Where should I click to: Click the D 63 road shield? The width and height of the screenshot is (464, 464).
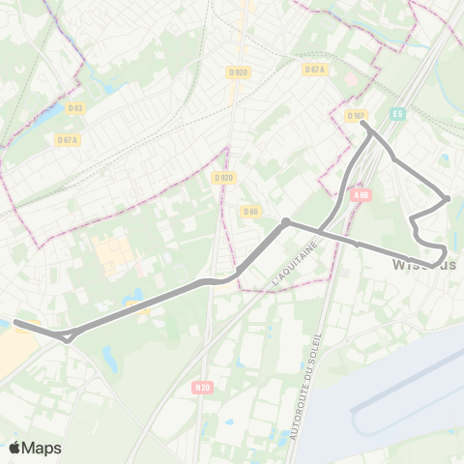pos(74,108)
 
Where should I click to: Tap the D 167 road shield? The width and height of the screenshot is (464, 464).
pos(356,115)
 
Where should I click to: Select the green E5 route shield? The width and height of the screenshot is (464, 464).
pos(396,114)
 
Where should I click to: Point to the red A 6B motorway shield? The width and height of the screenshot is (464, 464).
pos(362,194)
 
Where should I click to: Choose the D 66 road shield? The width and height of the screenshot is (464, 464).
pos(251,211)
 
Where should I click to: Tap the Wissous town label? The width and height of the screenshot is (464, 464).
pos(425,264)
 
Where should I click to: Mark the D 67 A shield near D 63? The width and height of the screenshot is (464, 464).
pos(67,139)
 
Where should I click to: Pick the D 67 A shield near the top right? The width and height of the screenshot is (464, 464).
pos(314,70)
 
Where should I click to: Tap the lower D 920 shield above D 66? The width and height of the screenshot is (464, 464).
pos(223,178)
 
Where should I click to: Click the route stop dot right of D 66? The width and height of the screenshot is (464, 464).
pos(286,222)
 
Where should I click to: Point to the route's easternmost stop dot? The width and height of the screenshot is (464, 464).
pos(447,199)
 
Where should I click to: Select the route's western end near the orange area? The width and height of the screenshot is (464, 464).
pos(16,323)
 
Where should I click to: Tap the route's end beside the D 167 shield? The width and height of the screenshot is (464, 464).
pos(364,123)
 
